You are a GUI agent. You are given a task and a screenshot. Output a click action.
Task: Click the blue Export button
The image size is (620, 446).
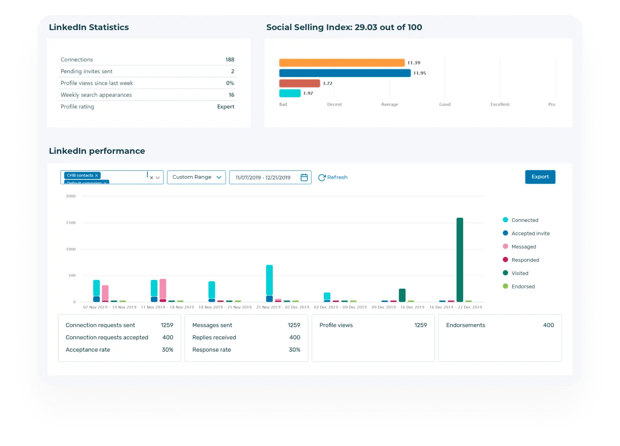[x=540, y=177]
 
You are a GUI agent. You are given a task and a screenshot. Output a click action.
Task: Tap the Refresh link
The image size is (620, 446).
[x=333, y=177]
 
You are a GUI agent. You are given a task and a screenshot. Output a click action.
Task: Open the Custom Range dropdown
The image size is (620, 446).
[x=196, y=177]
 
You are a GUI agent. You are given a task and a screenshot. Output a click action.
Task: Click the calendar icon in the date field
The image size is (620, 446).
[x=304, y=177]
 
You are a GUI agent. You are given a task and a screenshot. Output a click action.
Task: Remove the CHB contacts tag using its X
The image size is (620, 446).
[x=97, y=175]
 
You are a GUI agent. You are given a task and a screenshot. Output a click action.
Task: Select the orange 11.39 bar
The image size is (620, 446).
[x=342, y=63]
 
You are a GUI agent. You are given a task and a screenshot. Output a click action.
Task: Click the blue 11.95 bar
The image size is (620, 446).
[x=345, y=73]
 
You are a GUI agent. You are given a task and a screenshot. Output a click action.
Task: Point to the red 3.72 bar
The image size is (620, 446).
[x=299, y=83]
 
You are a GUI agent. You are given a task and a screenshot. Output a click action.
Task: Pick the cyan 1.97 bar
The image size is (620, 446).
[x=290, y=93]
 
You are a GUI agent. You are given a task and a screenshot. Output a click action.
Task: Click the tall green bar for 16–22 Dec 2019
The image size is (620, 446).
[x=460, y=259]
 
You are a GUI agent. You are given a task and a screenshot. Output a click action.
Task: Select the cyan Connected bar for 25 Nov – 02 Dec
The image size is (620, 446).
[x=269, y=280]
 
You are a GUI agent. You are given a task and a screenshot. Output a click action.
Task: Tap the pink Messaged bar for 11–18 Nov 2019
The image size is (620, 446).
[x=163, y=289]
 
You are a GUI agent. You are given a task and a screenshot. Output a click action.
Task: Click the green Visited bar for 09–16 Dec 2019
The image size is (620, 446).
[x=402, y=295]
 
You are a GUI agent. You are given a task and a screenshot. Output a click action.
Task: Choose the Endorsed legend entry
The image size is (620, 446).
[x=523, y=287]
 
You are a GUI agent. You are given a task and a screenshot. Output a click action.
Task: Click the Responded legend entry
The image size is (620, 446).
[x=525, y=260]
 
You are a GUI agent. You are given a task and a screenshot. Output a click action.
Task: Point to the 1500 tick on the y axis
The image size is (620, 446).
[x=71, y=223]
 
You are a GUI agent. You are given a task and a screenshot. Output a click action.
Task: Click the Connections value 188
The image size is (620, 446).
[x=229, y=59]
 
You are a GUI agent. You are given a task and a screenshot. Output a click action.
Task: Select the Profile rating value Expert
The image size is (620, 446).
[x=225, y=106]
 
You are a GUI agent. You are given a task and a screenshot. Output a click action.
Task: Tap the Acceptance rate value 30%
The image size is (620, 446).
[x=167, y=350]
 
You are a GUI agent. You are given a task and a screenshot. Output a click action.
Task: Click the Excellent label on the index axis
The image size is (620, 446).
[x=500, y=104]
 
